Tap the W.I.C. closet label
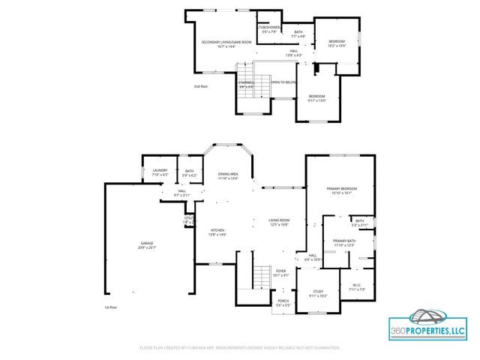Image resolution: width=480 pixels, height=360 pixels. [356, 287]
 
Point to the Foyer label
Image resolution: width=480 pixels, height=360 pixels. [280, 272]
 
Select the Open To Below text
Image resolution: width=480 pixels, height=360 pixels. [283, 82]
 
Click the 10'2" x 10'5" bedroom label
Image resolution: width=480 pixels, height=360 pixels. [337, 43]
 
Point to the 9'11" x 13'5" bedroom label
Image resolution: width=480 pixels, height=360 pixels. [317, 98]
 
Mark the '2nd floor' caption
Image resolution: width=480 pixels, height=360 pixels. [200, 86]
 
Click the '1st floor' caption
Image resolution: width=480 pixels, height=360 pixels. [111, 307]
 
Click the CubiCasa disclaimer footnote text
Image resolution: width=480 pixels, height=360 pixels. [240, 347]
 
